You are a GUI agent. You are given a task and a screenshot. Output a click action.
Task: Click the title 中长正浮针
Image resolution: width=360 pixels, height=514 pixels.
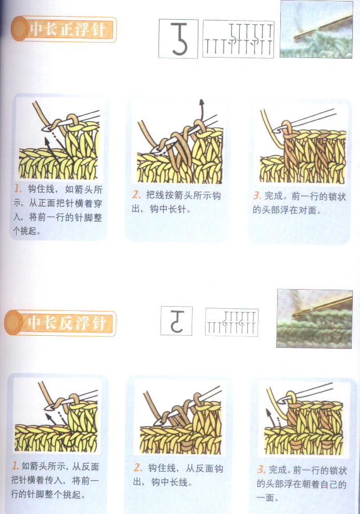67,29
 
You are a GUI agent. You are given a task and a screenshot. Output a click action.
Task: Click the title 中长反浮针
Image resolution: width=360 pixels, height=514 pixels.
67,323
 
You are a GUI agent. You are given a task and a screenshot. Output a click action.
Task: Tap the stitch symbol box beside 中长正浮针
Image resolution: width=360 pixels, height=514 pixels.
178,39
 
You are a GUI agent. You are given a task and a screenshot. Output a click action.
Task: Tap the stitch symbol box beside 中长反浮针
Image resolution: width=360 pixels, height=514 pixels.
177,321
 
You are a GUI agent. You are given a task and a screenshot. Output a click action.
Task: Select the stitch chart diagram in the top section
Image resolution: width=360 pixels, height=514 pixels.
238,39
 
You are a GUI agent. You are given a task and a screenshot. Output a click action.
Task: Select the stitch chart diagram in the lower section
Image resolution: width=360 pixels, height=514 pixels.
232,322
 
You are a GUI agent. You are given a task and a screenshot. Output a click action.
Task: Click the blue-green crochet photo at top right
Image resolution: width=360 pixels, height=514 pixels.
316,30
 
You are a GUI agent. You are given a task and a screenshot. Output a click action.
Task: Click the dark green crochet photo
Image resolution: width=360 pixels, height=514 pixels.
314,318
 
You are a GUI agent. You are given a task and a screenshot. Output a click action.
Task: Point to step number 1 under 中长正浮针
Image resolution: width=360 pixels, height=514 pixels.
18,189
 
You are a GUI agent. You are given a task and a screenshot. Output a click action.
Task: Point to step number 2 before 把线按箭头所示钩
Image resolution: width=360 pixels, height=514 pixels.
136,195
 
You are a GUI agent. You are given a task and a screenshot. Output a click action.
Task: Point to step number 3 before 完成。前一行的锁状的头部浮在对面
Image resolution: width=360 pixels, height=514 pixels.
257,196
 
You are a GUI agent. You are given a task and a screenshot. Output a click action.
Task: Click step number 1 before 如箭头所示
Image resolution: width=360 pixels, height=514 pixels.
16,465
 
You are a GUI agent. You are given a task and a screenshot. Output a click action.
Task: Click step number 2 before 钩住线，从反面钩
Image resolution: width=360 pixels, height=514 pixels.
138,467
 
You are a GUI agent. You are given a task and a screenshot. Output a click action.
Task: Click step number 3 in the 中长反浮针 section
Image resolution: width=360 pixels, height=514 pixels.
261,470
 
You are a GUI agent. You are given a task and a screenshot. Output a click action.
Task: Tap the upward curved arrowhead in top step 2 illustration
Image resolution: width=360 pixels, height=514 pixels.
202,102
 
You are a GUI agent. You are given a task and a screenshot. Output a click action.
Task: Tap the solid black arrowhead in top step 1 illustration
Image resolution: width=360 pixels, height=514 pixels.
48,141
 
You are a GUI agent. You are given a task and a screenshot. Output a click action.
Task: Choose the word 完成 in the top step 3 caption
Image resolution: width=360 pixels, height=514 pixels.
273,196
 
